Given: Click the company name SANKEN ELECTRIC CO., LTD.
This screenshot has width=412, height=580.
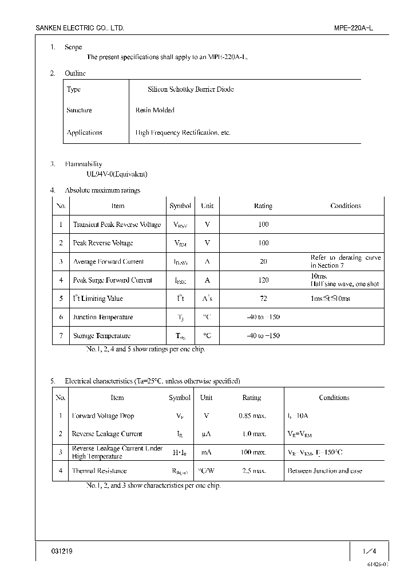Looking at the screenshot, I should [x=80, y=28].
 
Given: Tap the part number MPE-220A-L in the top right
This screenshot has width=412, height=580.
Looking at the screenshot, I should [x=353, y=28].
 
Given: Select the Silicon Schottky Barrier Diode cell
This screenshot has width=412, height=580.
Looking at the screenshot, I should [x=191, y=89].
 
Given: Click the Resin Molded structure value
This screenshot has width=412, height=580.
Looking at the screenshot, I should [x=154, y=110].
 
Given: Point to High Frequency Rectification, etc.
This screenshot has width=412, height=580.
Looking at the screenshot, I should [x=183, y=132].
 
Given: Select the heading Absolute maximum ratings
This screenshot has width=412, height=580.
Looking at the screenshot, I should [x=102, y=190].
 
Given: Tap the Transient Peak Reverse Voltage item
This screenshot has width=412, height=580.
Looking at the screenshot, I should [x=117, y=225].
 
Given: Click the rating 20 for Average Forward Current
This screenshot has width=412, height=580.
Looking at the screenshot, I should [x=263, y=261].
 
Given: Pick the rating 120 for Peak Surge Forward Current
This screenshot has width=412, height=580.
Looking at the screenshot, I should [x=263, y=280].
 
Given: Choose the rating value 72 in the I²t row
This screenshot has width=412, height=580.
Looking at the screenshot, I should [x=263, y=299].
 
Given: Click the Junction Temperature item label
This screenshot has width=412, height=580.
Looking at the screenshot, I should [x=103, y=317].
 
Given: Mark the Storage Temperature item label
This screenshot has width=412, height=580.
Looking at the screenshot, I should [x=102, y=336].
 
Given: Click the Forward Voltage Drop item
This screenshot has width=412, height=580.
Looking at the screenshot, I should [x=103, y=416].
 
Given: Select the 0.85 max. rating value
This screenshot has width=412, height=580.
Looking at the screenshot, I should [x=252, y=416].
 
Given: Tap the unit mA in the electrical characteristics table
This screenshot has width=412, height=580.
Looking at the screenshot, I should [x=207, y=452].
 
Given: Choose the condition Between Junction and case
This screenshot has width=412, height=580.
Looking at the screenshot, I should [x=325, y=471].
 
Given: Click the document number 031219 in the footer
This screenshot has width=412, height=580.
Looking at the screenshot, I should [x=62, y=551].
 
